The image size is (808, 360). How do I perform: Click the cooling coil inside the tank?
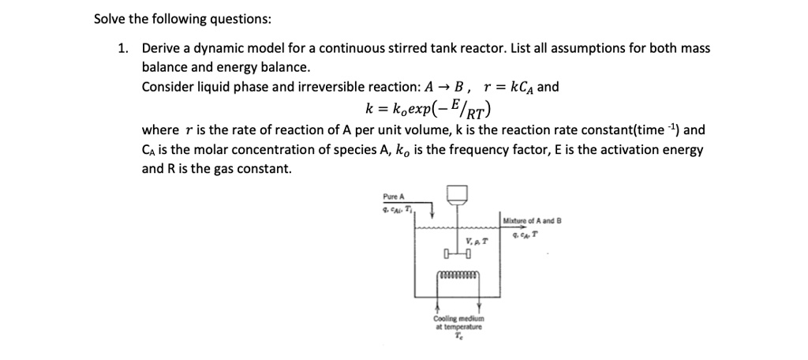pyautogui.click(x=458, y=276)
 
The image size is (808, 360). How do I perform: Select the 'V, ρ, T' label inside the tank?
pyautogui.click(x=475, y=242)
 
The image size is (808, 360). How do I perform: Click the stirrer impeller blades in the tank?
pyautogui.click(x=458, y=253)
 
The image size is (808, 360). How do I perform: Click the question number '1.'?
pyautogui.click(x=123, y=48)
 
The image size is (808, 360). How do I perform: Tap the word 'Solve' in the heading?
pyautogui.click(x=111, y=18)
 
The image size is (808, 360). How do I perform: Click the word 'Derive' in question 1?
pyautogui.click(x=162, y=48)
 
